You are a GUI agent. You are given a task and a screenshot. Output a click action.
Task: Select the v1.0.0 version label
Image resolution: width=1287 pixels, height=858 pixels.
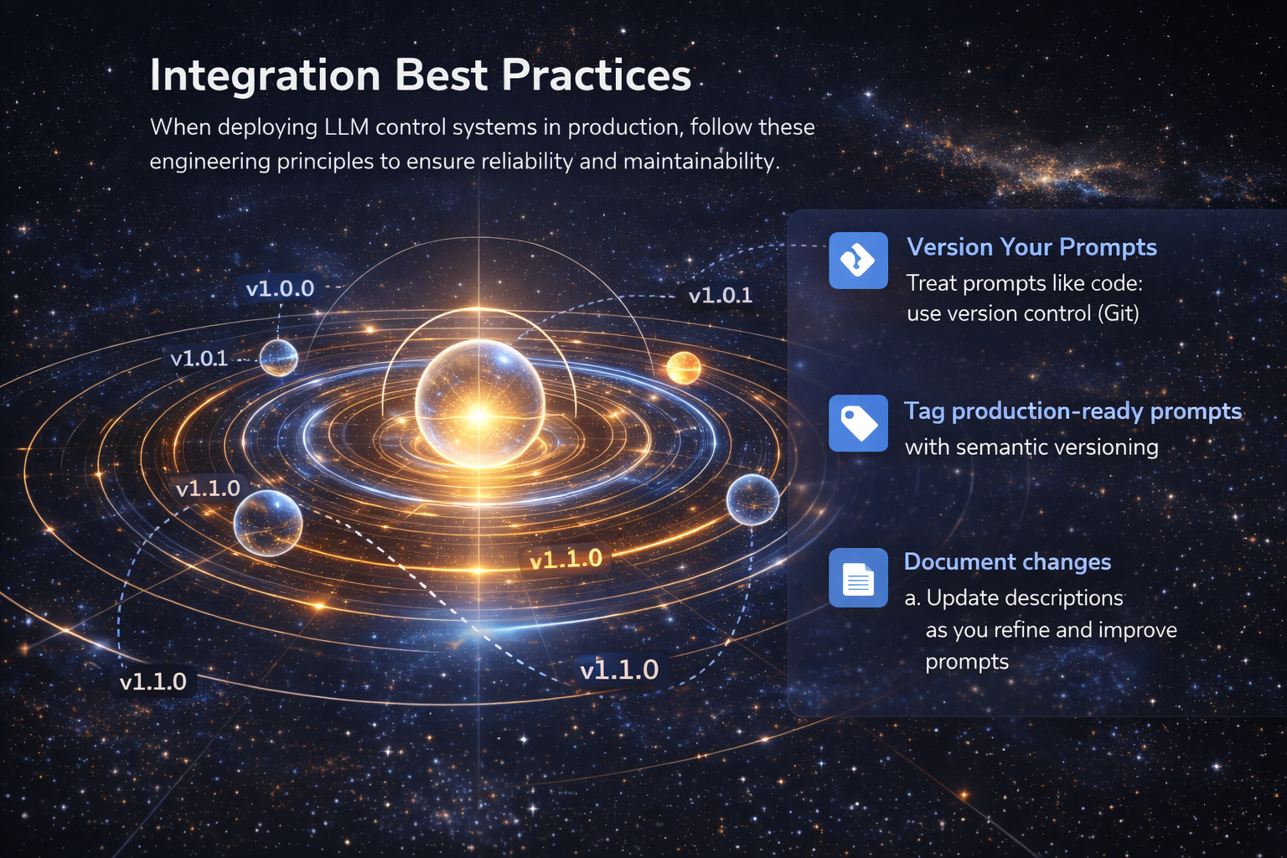click(280, 289)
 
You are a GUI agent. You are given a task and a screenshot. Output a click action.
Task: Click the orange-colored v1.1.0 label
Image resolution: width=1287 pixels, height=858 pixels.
click(566, 559)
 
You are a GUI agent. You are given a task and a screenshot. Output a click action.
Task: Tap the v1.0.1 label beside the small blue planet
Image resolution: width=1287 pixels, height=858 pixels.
click(199, 359)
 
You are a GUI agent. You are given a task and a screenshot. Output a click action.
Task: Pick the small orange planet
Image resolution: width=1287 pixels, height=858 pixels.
click(683, 368)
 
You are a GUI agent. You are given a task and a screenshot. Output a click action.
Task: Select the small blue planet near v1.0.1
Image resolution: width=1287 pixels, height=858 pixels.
click(278, 358)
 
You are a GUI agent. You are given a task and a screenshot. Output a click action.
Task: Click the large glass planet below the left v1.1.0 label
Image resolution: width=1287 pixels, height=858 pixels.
click(267, 523)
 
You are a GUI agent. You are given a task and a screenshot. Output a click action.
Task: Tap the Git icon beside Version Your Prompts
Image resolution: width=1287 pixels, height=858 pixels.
click(858, 261)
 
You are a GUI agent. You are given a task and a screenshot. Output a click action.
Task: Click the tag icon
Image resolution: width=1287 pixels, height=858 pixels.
click(858, 423)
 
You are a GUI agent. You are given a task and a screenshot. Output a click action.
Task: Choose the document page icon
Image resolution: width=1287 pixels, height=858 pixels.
click(858, 578)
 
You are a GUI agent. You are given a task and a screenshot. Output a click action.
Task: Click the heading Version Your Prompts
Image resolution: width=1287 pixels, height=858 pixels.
click(1031, 247)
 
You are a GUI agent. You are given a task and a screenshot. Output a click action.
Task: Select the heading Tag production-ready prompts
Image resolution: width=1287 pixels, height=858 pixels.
click(1072, 411)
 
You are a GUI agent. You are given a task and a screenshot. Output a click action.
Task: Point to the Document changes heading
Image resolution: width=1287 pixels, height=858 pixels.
click(1007, 561)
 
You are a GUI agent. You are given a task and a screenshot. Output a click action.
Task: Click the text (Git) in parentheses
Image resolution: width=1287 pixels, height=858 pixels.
click(1118, 313)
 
